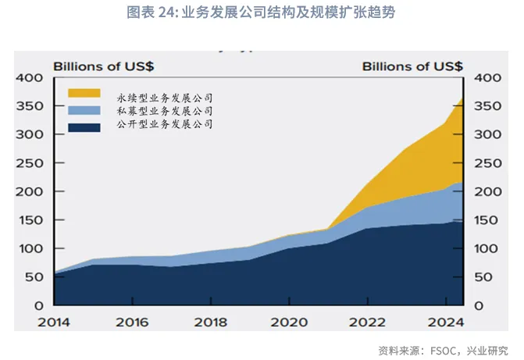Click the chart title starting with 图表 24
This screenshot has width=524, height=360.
pyautogui.click(x=261, y=13)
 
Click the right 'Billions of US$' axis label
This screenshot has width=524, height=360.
pyautogui.click(x=412, y=66)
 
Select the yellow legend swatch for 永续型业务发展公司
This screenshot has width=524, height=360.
pyautogui.click(x=84, y=94)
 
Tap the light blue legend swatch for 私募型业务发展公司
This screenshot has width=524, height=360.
pyautogui.click(x=84, y=111)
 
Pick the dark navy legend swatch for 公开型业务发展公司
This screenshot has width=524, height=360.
pyautogui.click(x=84, y=127)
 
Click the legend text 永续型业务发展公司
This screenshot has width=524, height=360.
pyautogui.click(x=165, y=98)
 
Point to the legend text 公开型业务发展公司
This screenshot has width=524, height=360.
pyautogui.click(x=165, y=124)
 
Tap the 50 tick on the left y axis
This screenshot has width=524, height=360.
pyautogui.click(x=32, y=277)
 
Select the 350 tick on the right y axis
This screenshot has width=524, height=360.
pyautogui.click(x=483, y=106)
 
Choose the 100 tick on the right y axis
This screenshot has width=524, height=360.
pyautogui.click(x=483, y=248)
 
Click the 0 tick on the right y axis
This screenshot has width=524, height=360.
pyautogui.click(x=476, y=305)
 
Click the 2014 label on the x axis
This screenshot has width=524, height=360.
pyautogui.click(x=53, y=321)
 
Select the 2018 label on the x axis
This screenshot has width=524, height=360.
pyautogui.click(x=210, y=321)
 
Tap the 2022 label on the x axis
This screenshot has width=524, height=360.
pyautogui.click(x=367, y=321)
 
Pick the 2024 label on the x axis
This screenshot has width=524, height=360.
pyautogui.click(x=445, y=321)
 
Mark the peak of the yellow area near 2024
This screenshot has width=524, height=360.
pyautogui.click(x=463, y=100)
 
